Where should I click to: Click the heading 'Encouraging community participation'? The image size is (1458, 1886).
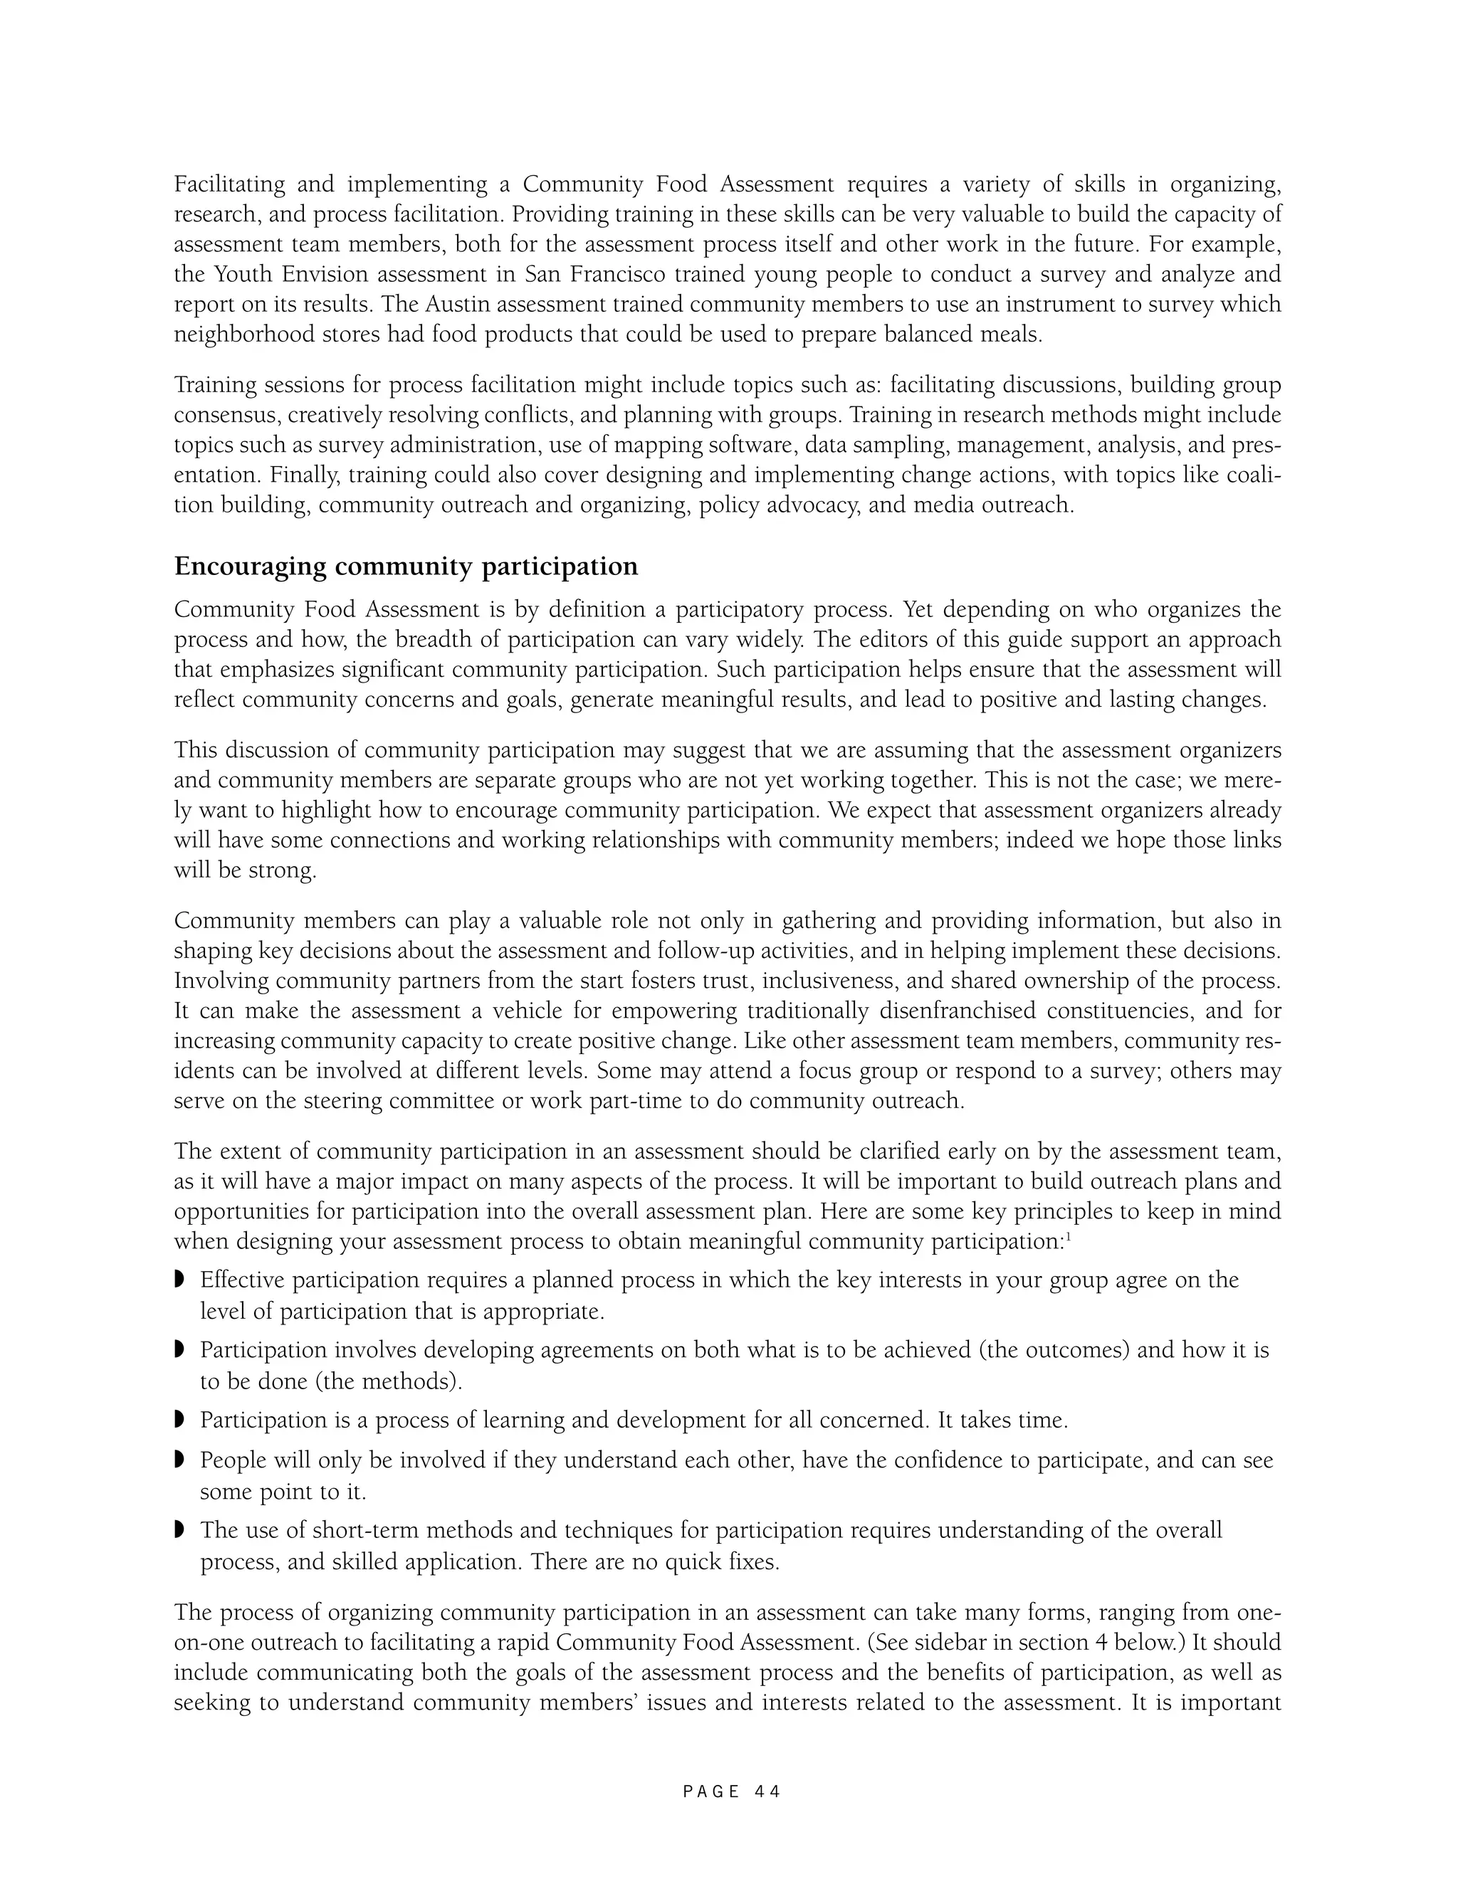pos(406,567)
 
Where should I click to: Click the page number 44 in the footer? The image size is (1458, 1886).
pos(767,1792)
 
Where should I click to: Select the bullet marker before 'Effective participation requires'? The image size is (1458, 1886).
pos(179,1278)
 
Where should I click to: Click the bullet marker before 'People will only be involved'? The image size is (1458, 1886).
pos(179,1460)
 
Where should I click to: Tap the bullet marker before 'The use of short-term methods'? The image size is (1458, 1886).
pos(179,1530)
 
